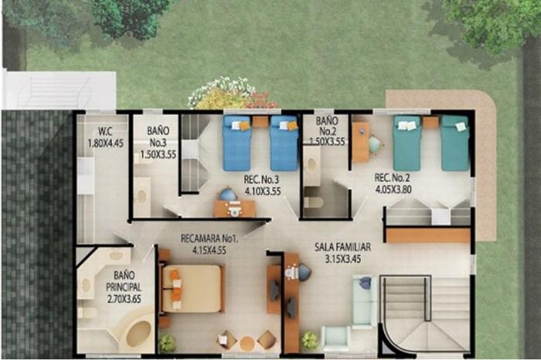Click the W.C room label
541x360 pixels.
[x=105, y=131]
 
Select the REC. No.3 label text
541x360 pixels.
[x=261, y=180]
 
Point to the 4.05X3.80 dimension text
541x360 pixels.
[x=393, y=189]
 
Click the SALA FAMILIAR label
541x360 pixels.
[x=342, y=247]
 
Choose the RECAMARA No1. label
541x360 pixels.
[x=209, y=239]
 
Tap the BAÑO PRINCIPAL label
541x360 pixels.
[x=124, y=281]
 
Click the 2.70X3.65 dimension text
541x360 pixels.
[x=124, y=299]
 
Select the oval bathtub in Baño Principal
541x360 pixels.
[x=138, y=334]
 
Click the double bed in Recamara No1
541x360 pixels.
[x=192, y=289]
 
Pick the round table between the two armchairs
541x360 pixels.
[x=247, y=343]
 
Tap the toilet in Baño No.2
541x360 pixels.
[x=313, y=202]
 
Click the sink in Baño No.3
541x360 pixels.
[x=141, y=196]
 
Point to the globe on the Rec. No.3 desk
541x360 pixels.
[x=228, y=194]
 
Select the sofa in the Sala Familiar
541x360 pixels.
[x=365, y=301]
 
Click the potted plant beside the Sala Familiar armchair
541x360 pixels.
[x=309, y=341]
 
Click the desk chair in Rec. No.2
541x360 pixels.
[x=375, y=144]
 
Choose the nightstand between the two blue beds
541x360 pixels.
[x=260, y=122]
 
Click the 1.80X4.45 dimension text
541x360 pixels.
[x=106, y=143]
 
